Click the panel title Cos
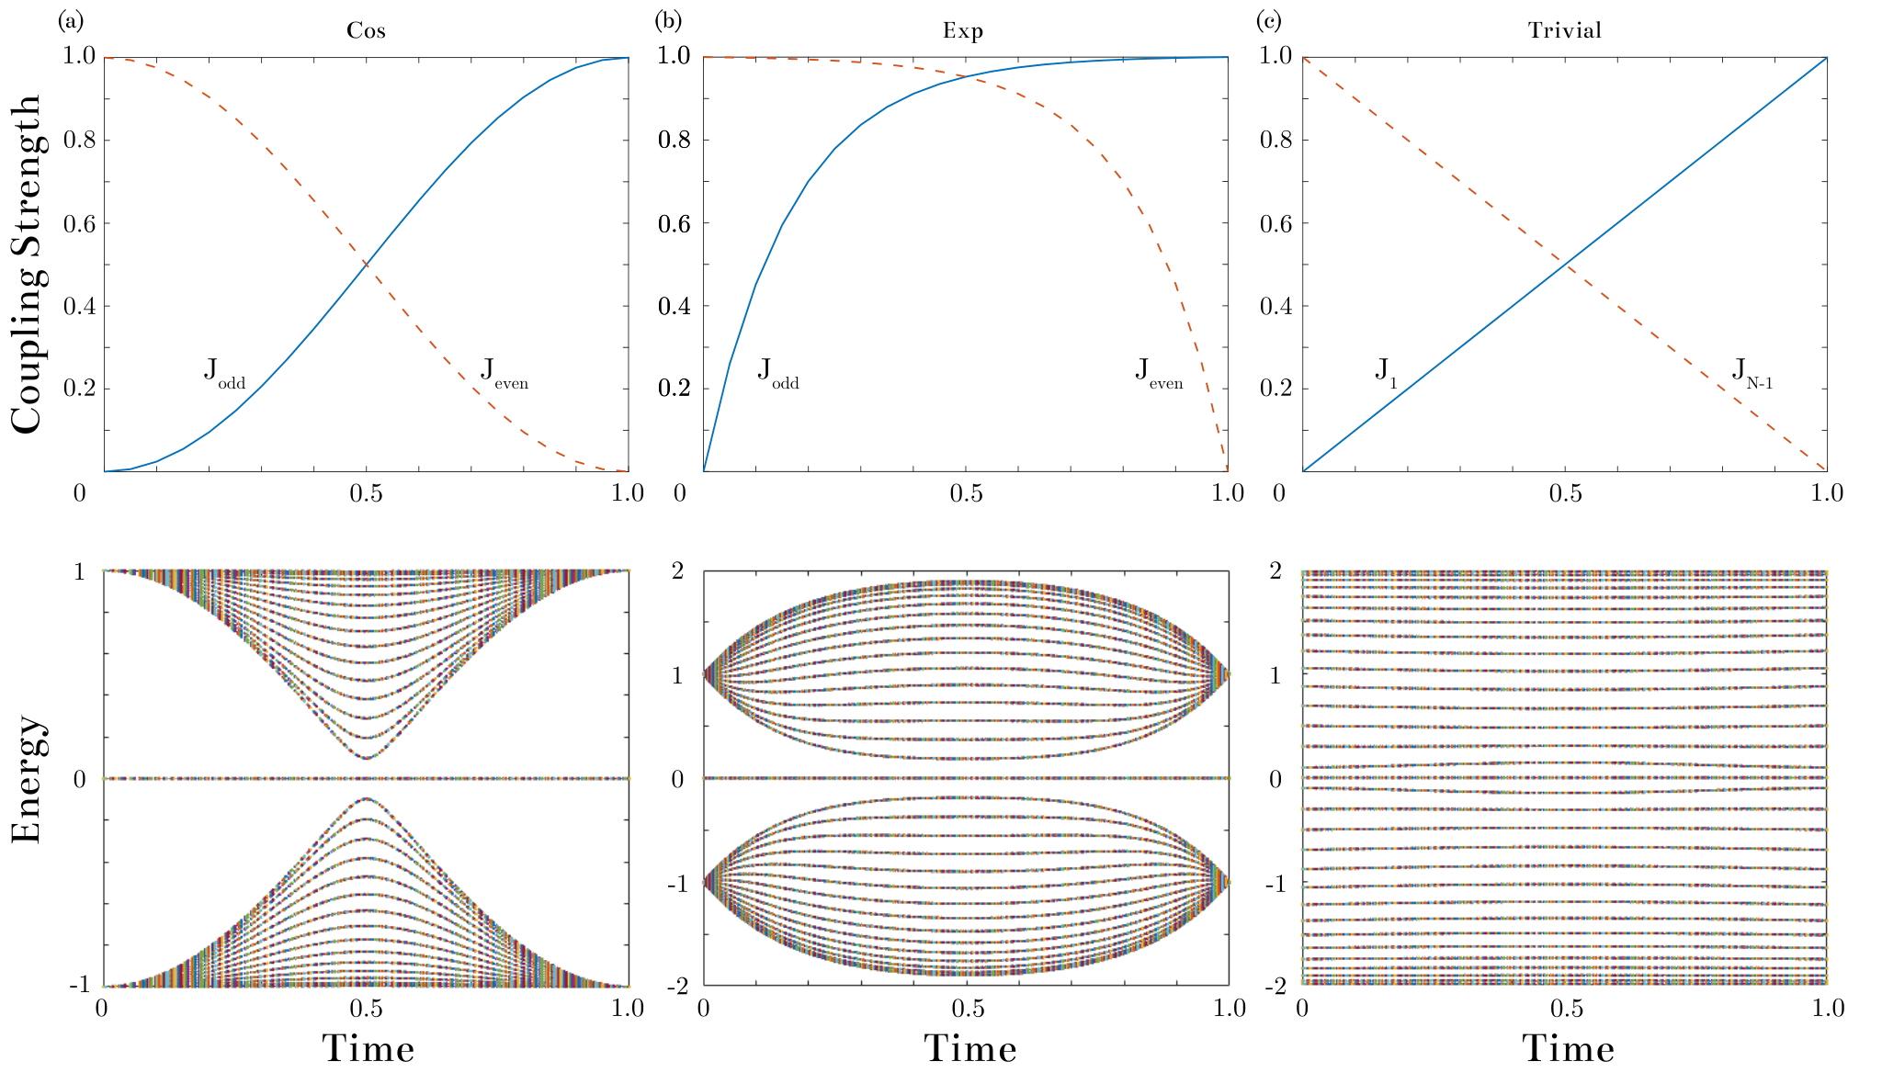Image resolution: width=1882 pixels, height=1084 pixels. [x=366, y=30]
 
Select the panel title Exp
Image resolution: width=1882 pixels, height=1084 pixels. [x=963, y=31]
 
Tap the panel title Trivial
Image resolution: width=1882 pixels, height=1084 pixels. [x=1565, y=30]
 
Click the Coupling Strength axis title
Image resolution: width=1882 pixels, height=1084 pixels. [x=28, y=264]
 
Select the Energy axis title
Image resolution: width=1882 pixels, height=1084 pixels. [x=28, y=779]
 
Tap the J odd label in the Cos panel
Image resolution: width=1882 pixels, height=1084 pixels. [x=225, y=374]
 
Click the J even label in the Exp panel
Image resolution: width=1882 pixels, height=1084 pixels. [x=1160, y=374]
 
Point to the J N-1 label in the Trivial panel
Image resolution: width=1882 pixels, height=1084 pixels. [x=1752, y=374]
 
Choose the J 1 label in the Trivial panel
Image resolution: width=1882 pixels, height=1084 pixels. [x=1386, y=374]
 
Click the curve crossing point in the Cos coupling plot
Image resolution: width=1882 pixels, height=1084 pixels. [x=366, y=265]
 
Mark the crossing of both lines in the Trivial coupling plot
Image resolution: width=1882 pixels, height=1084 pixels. [x=1565, y=265]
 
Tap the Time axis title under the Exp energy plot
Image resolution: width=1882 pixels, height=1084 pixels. [x=970, y=1049]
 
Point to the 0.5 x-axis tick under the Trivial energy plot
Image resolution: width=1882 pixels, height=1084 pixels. [x=1567, y=1009]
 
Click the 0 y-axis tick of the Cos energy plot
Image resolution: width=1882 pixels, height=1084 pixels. [x=79, y=779]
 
